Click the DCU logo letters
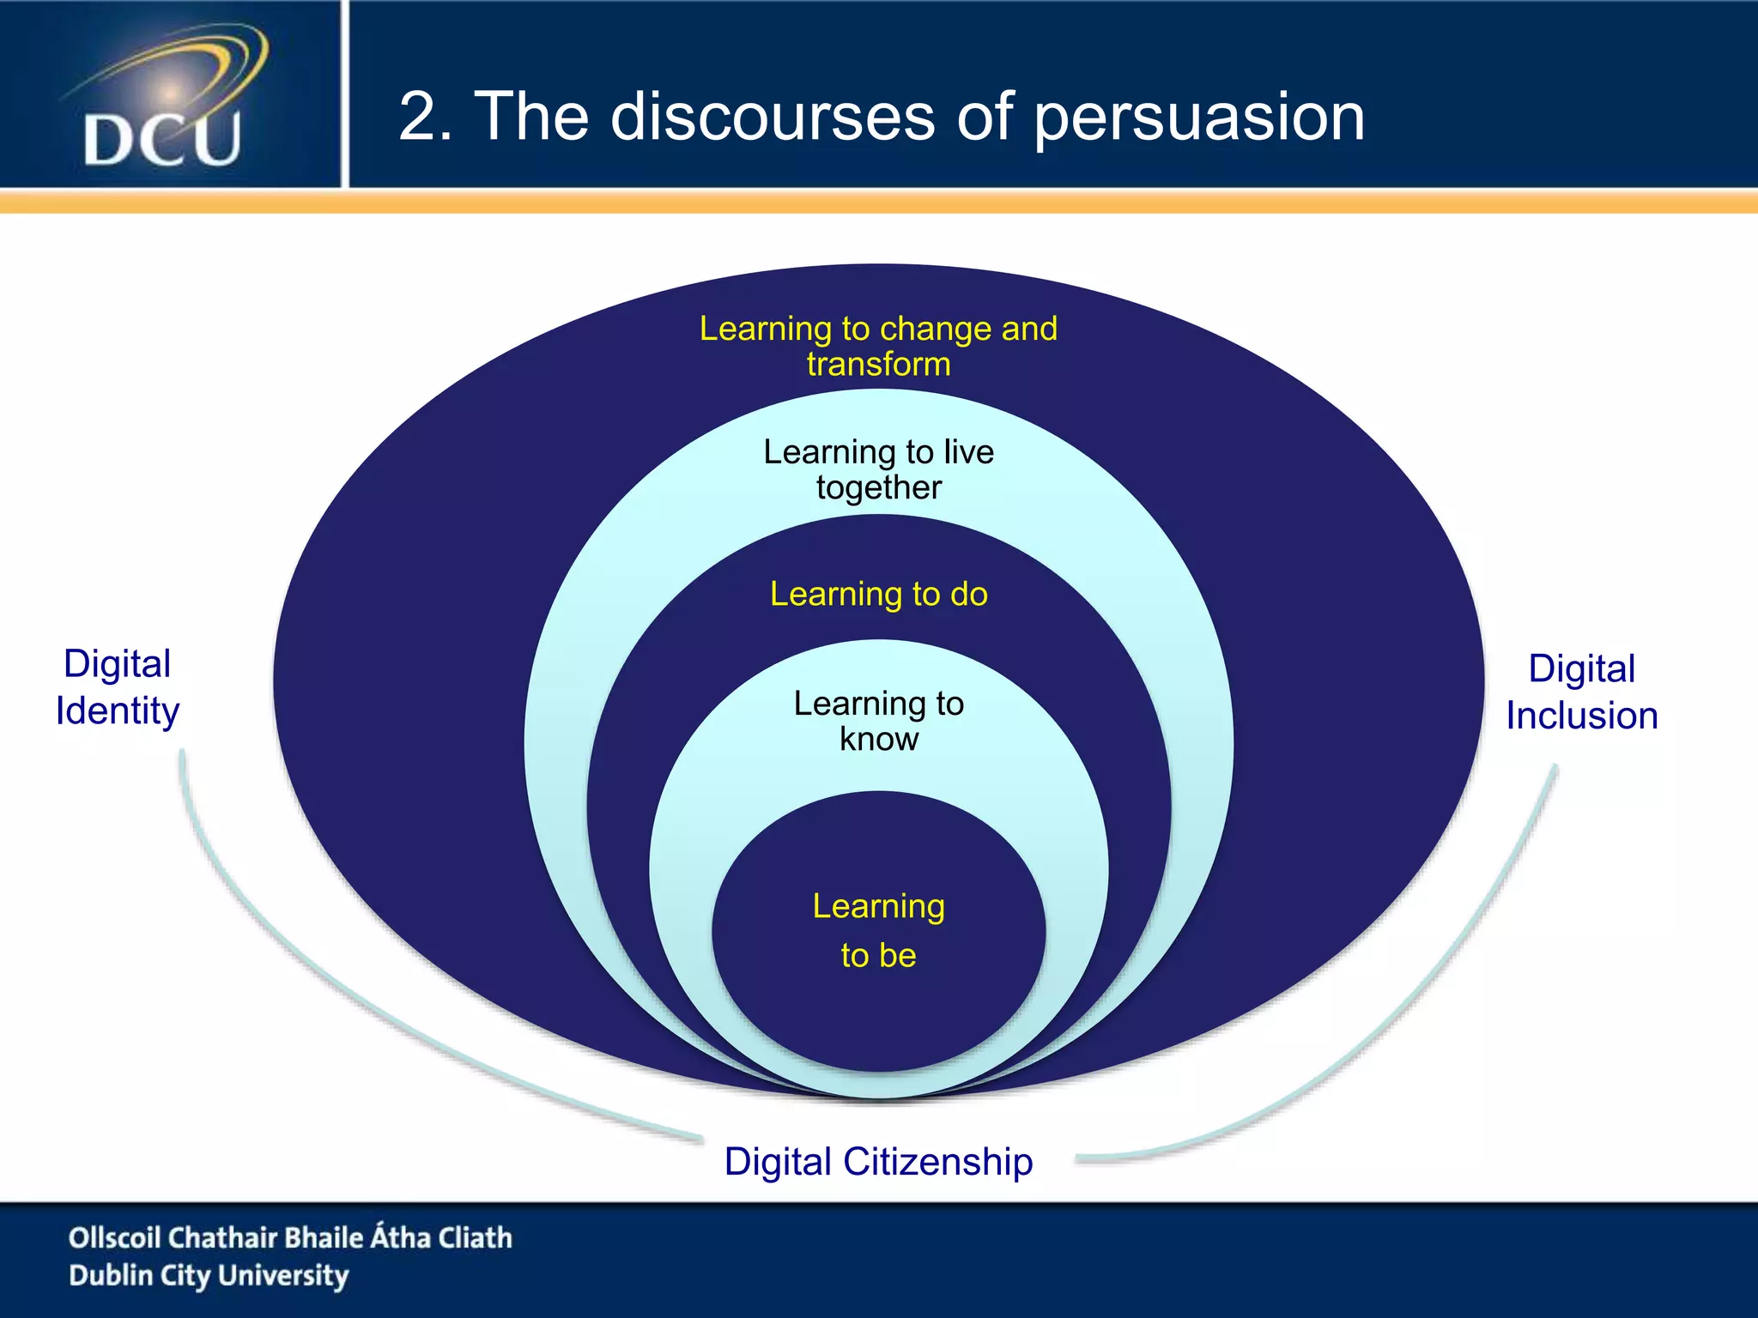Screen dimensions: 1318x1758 coord(162,139)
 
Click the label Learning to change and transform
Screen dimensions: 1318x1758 coord(878,346)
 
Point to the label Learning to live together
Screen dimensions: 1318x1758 coord(878,469)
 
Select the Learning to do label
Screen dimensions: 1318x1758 coord(878,594)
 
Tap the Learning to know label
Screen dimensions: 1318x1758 coord(878,721)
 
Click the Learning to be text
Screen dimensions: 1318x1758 coord(878,930)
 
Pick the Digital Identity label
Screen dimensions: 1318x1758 coord(118,687)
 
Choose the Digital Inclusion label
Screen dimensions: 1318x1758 coord(1581,692)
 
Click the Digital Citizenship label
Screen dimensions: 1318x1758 coord(878,1162)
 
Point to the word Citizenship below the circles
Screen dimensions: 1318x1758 coord(937,1162)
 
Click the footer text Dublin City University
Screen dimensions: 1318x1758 coord(209,1276)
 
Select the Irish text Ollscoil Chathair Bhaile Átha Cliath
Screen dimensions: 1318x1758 coord(290,1237)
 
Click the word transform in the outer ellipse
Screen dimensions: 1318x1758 coord(878,364)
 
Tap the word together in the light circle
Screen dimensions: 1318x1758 coord(878,487)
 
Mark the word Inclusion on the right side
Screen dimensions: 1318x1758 coord(1581,716)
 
